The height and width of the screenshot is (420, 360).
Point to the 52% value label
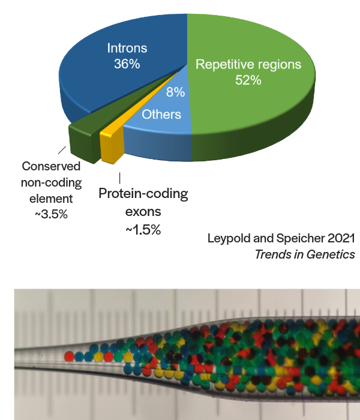pos(248,80)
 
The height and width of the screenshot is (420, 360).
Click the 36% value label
pos(127,64)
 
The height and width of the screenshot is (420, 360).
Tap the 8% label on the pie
pos(175,92)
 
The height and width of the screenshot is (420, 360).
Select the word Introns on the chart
pos(127,48)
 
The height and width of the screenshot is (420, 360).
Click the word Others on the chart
pos(161,115)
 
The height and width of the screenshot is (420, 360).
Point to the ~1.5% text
pos(143,229)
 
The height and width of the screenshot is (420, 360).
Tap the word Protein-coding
pos(143,194)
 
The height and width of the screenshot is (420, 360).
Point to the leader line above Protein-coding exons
pos(119,178)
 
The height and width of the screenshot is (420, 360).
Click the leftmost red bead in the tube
pos(70,356)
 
